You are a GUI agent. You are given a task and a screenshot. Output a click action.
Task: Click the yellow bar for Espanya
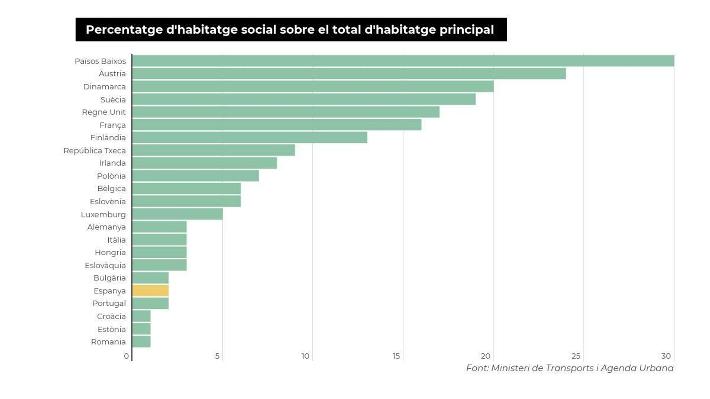150,291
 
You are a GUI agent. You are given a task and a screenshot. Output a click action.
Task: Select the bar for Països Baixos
403,61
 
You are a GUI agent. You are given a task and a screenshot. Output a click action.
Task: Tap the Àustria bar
349,74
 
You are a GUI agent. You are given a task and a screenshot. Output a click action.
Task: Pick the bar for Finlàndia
249,138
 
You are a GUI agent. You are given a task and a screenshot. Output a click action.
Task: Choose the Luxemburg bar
177,214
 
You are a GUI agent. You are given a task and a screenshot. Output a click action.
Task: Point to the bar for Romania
142,342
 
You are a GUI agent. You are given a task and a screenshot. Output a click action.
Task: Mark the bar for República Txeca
213,150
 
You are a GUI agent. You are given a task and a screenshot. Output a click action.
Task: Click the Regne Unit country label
104,112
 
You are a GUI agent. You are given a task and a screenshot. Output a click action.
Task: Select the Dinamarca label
104,87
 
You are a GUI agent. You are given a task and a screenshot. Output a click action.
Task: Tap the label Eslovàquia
105,265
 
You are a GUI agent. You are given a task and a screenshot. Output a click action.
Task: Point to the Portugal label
109,304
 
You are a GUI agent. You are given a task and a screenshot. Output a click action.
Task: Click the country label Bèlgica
111,189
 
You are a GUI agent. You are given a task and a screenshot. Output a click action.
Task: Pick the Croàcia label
111,316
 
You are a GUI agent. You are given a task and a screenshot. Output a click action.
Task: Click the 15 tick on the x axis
396,356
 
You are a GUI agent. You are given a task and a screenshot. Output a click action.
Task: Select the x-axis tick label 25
576,356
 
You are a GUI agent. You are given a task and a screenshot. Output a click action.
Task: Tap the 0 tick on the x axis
126,356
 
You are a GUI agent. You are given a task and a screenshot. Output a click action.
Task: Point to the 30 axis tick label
666,356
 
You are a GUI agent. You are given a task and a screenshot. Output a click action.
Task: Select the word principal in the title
466,30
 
